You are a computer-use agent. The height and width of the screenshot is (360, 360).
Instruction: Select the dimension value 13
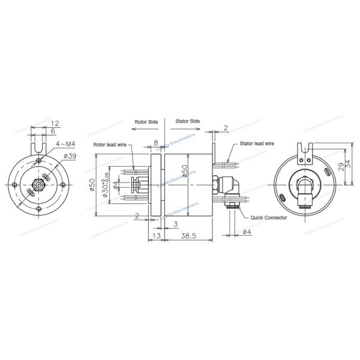tap(157, 237)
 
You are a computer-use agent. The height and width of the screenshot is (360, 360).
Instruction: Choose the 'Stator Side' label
tap(187, 121)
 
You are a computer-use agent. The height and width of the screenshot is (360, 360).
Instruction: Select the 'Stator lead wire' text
tap(257, 144)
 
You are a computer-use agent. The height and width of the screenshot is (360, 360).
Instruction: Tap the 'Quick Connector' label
tap(268, 218)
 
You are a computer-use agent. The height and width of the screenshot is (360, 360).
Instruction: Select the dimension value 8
tap(155, 143)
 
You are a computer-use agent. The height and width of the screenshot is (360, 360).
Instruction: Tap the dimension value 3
tap(174, 223)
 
